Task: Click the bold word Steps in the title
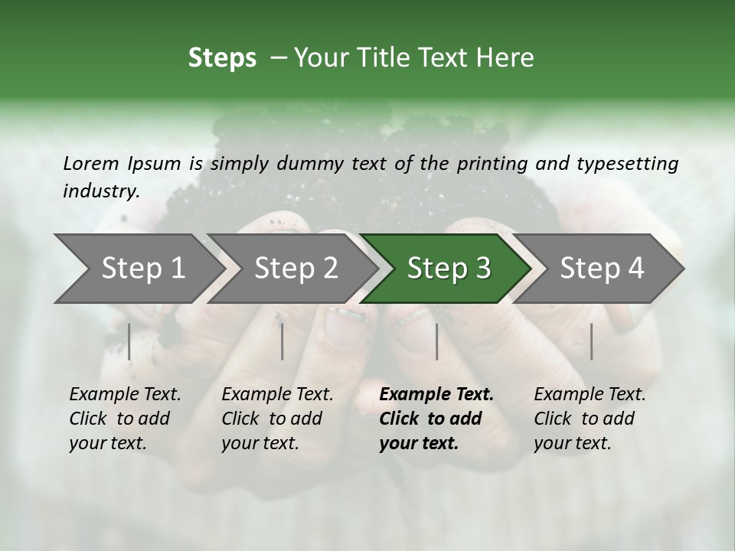click(222, 58)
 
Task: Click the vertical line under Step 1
click(129, 341)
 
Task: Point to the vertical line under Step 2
click(282, 341)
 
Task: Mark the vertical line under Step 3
click(436, 341)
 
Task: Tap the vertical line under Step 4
click(591, 341)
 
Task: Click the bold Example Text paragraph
click(436, 419)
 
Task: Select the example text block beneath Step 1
click(125, 419)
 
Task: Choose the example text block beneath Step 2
click(277, 419)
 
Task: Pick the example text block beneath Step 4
click(590, 419)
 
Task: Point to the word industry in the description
click(101, 191)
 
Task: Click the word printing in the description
click(490, 163)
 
